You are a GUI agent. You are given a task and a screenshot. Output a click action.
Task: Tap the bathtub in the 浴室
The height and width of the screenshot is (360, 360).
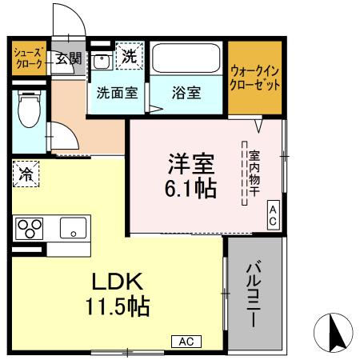[x=186, y=58]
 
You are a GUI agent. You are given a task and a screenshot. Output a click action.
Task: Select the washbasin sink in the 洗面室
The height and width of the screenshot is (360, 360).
[x=102, y=61]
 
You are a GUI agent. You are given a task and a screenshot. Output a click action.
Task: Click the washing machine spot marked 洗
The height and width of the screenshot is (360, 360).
[x=129, y=55]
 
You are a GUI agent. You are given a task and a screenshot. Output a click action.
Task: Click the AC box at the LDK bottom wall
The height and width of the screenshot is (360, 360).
[x=186, y=342]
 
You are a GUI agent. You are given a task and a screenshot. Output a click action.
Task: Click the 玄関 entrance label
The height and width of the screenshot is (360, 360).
[x=68, y=58]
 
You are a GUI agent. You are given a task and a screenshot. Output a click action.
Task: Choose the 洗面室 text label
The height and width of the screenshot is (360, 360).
[x=117, y=91]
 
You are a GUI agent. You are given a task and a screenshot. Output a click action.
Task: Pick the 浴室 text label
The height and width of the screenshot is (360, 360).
[x=186, y=91]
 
